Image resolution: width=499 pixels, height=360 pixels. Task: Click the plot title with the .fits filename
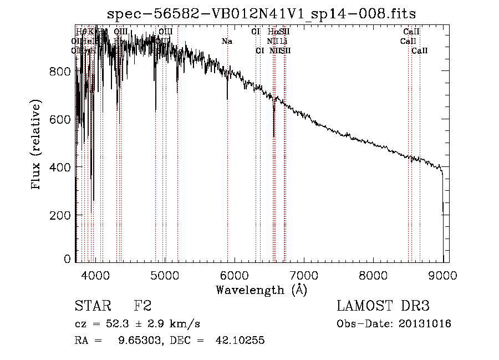(261, 13)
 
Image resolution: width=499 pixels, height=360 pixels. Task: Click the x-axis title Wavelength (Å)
(261, 290)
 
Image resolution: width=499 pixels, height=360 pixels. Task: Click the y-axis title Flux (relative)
(37, 145)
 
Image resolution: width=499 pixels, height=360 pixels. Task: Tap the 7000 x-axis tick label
(304, 275)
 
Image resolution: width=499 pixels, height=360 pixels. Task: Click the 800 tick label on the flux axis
(61, 72)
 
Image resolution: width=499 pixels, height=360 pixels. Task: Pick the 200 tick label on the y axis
(61, 215)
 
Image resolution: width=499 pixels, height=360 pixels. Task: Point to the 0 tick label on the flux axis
(67, 259)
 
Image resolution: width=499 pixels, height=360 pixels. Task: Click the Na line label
(227, 42)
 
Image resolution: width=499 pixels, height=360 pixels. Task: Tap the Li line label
(283, 42)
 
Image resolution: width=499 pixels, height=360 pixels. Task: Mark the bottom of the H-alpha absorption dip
(274, 135)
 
